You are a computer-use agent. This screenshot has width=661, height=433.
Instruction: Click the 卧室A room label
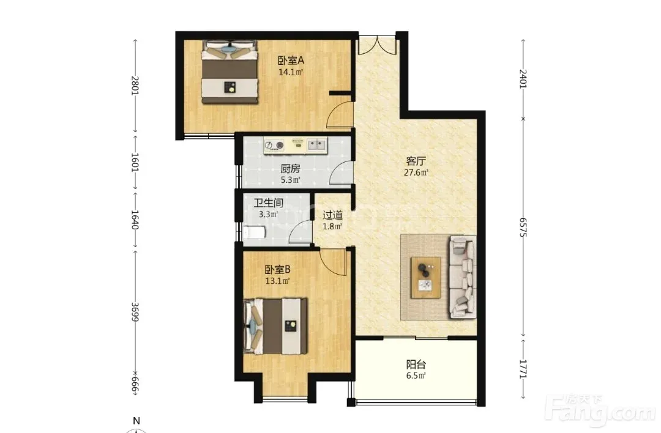click(x=291, y=61)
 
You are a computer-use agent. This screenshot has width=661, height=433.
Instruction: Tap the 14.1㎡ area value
click(x=291, y=72)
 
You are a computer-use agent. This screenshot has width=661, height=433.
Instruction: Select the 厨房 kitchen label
click(x=291, y=169)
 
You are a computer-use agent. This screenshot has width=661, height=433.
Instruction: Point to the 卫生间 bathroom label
click(x=268, y=203)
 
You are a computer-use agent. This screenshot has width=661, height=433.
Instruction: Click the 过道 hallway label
click(x=332, y=215)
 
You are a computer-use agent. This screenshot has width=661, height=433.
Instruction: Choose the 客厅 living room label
click(x=416, y=161)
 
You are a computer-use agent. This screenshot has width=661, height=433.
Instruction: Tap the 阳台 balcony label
click(x=416, y=365)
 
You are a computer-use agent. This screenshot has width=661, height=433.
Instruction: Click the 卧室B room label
click(x=277, y=269)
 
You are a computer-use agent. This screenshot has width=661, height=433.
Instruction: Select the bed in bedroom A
click(x=230, y=72)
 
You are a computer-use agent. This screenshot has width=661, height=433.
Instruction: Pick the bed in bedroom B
click(x=275, y=326)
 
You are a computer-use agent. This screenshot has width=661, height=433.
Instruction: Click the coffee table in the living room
click(x=426, y=278)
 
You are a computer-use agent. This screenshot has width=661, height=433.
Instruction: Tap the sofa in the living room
click(x=463, y=276)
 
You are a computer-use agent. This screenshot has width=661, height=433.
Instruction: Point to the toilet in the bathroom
click(x=254, y=232)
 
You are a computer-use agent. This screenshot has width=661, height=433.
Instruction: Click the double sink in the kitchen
click(x=316, y=146)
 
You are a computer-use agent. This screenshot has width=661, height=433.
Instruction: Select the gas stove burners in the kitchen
click(x=274, y=146)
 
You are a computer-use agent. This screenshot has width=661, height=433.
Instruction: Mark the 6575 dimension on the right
click(x=523, y=228)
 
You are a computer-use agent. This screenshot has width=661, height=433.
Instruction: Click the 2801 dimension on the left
click(x=135, y=86)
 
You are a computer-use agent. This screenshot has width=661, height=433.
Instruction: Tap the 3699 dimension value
click(x=135, y=312)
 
